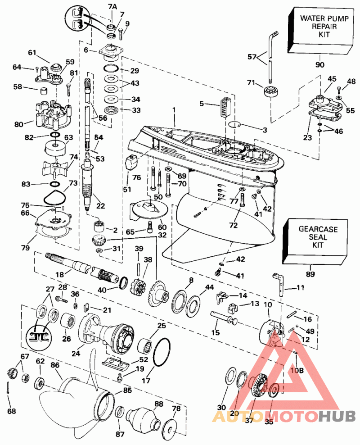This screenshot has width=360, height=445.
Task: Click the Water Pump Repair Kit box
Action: click(321, 27)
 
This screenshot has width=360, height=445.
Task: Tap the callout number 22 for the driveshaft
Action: click(100, 206)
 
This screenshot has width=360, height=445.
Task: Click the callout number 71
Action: click(251, 83)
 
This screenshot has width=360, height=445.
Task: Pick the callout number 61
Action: click(31, 53)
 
